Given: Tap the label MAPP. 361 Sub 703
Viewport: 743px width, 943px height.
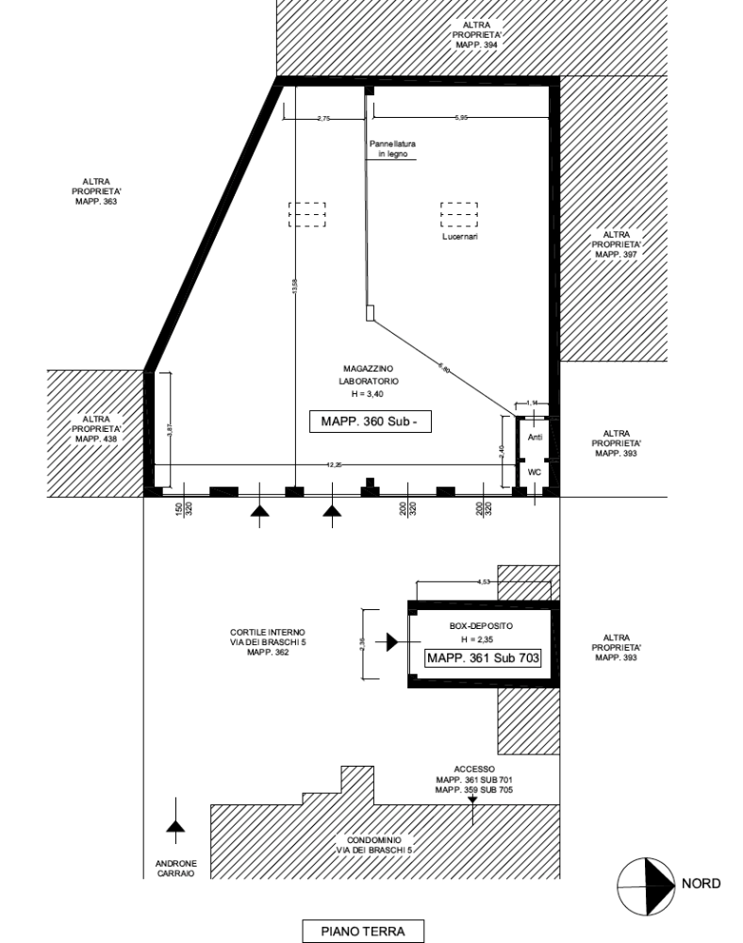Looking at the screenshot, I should tap(484, 659).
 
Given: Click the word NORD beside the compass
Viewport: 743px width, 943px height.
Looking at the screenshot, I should tap(703, 884).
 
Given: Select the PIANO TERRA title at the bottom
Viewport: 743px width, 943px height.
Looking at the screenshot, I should tap(363, 932).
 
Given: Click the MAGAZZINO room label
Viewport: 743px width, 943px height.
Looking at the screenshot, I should tap(368, 374).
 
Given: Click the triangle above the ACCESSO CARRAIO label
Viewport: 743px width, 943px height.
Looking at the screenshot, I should tap(173, 827).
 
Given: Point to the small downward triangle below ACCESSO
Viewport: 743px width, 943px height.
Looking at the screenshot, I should tap(472, 802).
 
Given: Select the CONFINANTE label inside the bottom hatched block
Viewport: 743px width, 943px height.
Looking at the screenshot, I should tap(375, 844).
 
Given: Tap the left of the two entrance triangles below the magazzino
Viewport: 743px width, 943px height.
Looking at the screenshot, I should tap(259, 511).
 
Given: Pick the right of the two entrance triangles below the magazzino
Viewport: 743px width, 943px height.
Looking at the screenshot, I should tap(330, 511).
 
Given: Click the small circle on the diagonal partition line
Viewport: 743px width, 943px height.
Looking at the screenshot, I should tap(440, 365).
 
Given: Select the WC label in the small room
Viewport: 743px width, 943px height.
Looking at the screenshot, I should tap(533, 438).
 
